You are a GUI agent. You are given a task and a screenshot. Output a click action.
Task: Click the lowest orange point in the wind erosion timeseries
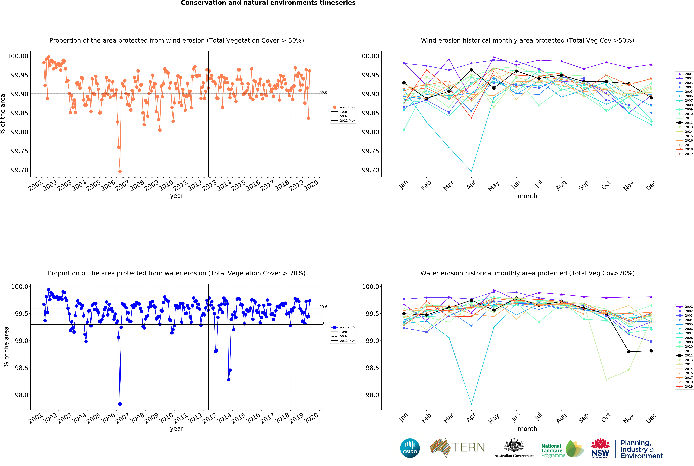pos(120,171)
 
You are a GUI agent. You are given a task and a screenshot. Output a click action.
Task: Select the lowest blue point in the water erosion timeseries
pos(120,404)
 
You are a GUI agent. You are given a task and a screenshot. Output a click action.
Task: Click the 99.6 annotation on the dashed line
pos(323,307)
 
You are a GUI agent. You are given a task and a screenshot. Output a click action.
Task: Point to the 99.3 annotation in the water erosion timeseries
pos(323,323)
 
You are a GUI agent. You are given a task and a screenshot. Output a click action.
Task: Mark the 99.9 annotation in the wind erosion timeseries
pos(323,93)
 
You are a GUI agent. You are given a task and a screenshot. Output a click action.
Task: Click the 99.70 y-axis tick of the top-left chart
pos(20,170)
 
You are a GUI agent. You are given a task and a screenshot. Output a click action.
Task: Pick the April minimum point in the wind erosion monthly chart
pos(471,171)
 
